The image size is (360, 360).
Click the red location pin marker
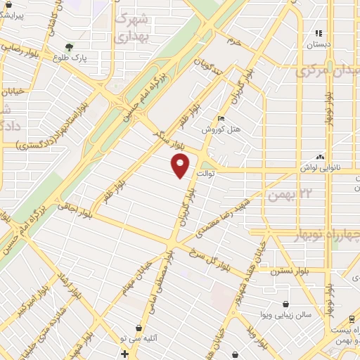point(181,166)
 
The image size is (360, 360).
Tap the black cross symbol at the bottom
point(124,354)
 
